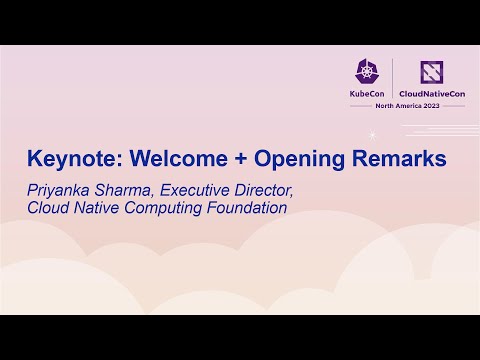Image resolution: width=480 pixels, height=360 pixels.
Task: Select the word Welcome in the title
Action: [164, 158]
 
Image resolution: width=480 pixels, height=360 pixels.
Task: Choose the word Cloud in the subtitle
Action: [48, 209]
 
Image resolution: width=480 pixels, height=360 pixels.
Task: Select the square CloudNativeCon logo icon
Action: [432, 72]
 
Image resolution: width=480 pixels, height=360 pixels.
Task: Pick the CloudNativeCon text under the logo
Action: [432, 94]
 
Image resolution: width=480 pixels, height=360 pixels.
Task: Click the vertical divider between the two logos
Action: [394, 80]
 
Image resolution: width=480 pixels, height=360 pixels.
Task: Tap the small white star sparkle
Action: [372, 133]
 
